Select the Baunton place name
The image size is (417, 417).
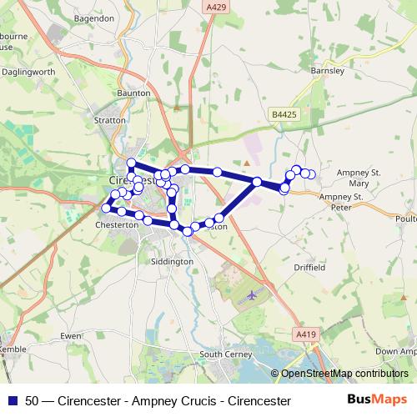pos(133,93)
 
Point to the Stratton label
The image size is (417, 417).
pos(109,120)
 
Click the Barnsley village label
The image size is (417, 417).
pos(326,71)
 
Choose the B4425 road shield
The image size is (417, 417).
pos(284,114)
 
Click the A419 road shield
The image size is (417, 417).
pos(308,334)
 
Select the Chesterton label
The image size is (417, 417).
pos(116,225)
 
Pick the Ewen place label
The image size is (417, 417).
pos(70,336)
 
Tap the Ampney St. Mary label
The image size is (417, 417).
pos(358,176)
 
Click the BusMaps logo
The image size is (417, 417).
pos(377,400)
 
